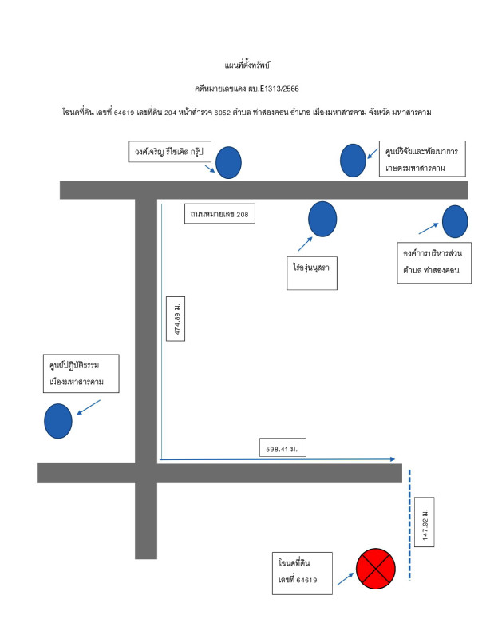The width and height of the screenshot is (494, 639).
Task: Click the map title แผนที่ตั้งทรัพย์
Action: tap(247, 63)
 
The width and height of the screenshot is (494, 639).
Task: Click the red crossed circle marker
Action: tap(375, 568)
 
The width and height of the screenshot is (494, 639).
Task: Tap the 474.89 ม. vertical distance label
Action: tap(176, 318)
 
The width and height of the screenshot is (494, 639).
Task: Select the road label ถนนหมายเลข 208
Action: tap(220, 214)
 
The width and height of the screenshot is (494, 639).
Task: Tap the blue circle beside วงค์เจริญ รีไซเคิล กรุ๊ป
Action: tap(228, 162)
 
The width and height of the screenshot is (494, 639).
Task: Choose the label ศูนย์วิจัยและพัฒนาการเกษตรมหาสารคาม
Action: tap(422, 160)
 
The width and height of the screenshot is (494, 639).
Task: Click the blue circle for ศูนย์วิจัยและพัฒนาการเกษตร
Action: tap(353, 160)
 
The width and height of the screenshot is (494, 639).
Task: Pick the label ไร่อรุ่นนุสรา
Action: tap(310, 272)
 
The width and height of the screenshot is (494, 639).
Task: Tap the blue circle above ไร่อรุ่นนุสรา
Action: tap(322, 219)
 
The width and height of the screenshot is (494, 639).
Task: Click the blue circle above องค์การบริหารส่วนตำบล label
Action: tap(454, 221)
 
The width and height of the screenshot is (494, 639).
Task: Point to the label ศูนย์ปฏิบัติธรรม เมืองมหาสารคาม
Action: tap(81, 373)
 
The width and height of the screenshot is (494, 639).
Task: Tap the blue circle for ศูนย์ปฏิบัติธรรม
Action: tap(58, 421)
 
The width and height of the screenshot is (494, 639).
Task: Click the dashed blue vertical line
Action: tap(409, 523)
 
